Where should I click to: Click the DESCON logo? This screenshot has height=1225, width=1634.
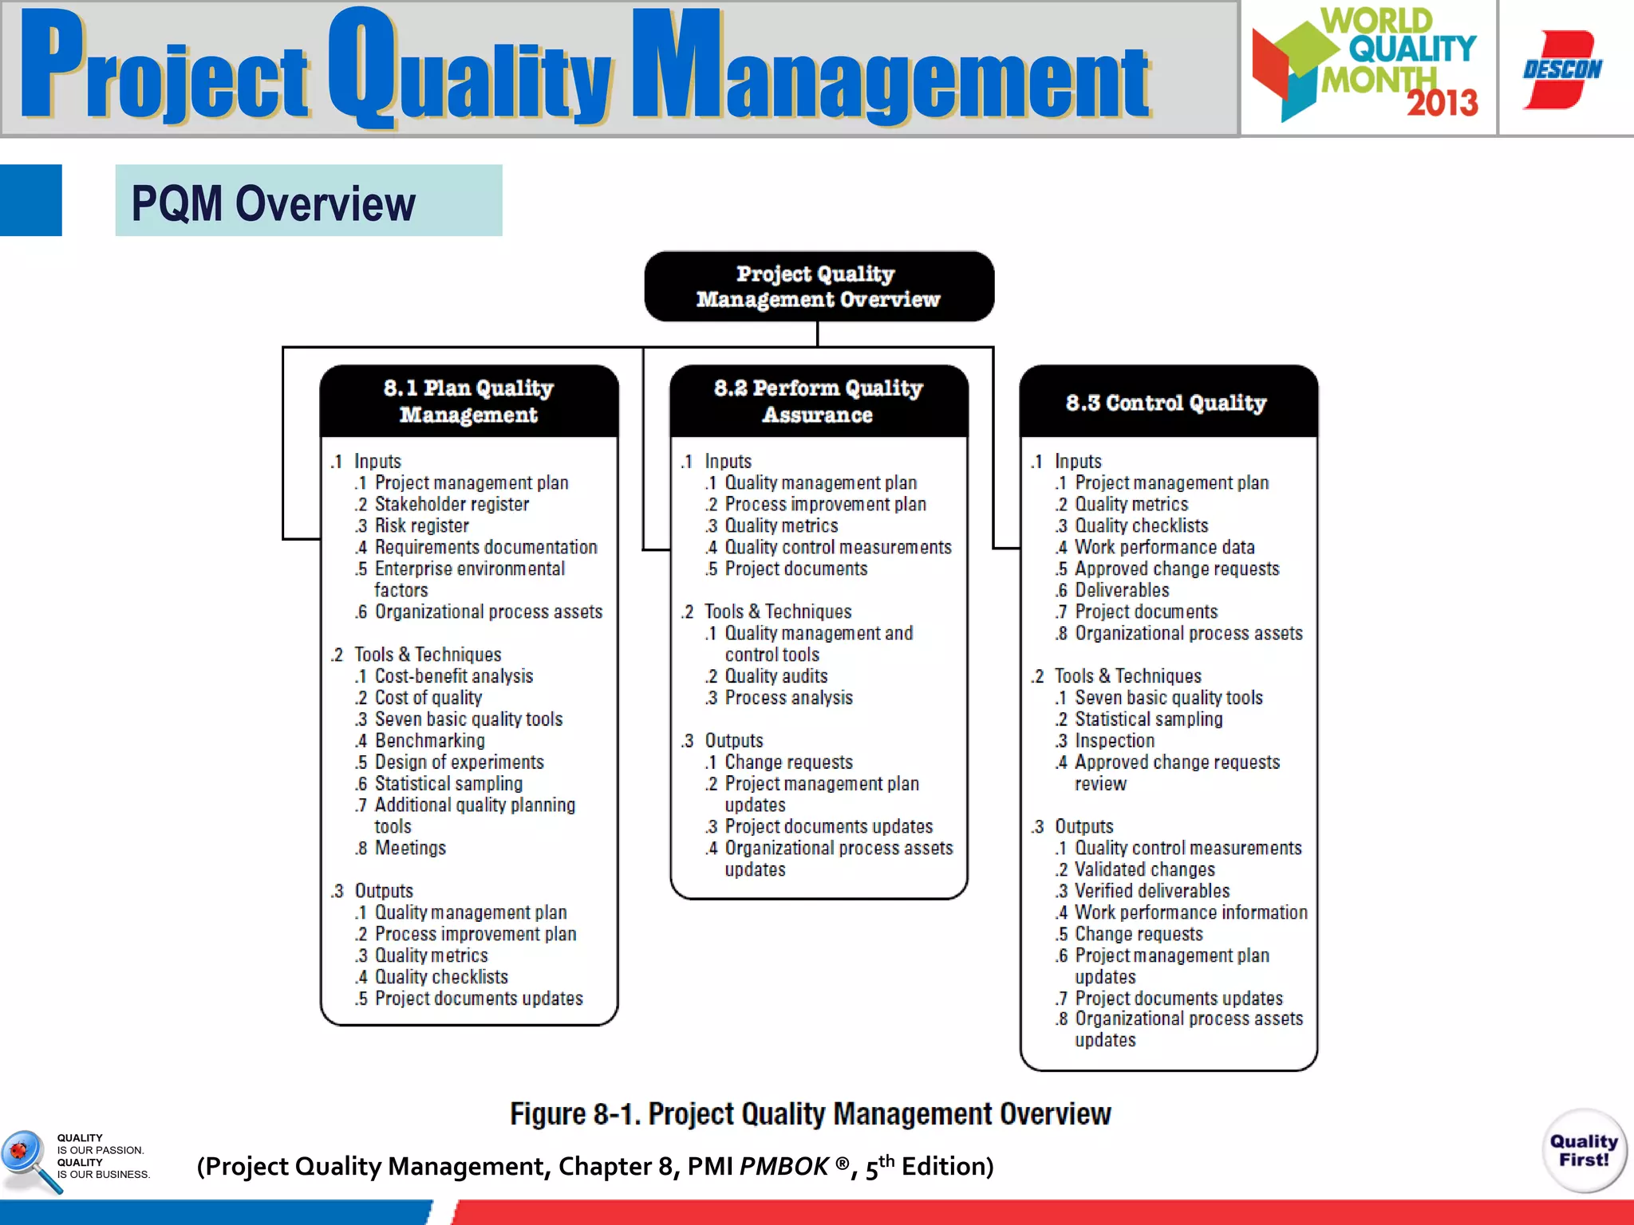pos(1562,69)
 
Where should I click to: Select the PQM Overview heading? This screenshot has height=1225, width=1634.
pos(273,203)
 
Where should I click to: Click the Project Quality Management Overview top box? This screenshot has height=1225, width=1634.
pos(819,286)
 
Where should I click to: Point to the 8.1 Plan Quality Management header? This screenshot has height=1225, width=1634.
pos(469,401)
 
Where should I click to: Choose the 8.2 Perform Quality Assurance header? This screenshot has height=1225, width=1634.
pos(819,401)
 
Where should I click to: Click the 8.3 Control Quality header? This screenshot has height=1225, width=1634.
pos(1167,403)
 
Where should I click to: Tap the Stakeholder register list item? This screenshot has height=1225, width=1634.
pos(451,504)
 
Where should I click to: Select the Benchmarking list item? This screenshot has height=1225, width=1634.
pos(429,741)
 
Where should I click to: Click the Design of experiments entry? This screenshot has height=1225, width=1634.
pos(459,762)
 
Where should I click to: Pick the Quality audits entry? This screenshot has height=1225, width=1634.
pos(776,676)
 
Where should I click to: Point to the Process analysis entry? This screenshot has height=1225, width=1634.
pos(788,698)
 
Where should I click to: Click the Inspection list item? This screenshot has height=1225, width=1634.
pos(1114,741)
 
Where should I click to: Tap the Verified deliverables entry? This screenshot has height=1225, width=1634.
pos(1151,891)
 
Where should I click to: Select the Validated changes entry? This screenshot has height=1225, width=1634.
pos(1144,869)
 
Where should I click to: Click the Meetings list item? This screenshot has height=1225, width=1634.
pos(410,848)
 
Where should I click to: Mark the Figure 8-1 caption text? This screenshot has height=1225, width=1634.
pos(810,1114)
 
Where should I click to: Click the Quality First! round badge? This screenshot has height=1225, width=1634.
pos(1584,1151)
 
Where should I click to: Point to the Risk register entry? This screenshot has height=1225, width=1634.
pos(421,526)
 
